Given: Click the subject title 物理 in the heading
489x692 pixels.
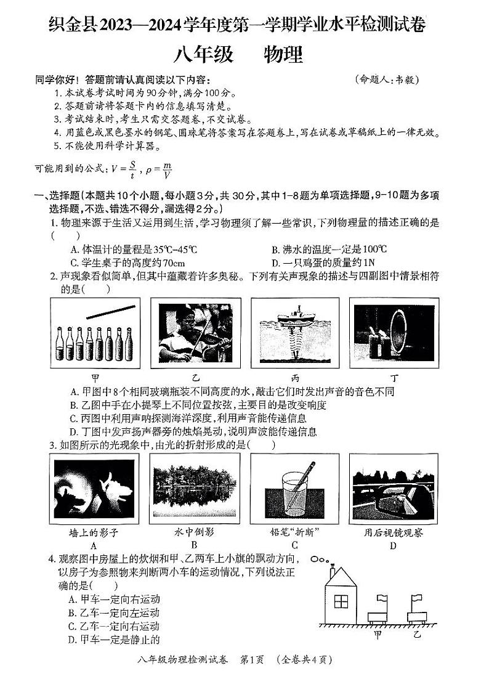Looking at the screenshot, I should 283,55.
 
